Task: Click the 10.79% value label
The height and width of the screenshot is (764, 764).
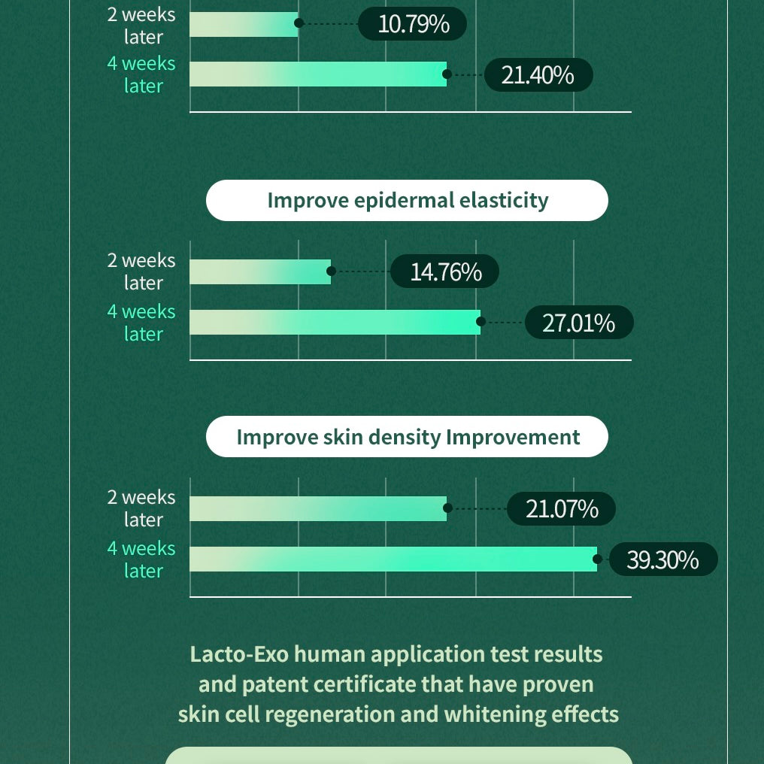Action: [x=413, y=24]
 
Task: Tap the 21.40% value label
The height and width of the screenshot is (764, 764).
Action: [x=538, y=75]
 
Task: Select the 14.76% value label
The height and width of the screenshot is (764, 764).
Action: [x=445, y=271]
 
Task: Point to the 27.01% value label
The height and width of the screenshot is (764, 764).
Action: [x=579, y=323]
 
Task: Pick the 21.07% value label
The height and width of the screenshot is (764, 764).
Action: [x=562, y=509]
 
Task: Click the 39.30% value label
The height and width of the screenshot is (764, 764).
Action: [x=662, y=560]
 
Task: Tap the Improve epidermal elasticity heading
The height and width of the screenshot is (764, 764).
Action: [x=407, y=201]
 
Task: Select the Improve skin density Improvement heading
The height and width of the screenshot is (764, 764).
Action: [x=407, y=437]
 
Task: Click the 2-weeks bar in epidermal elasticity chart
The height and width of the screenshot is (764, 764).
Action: [x=259, y=271]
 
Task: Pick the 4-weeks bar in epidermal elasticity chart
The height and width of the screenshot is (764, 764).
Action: [x=334, y=323]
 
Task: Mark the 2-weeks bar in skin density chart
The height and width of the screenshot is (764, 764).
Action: [x=317, y=509]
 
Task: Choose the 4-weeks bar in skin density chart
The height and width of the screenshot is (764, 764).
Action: [x=393, y=559]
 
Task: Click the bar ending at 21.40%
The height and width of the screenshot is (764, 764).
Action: [x=317, y=74]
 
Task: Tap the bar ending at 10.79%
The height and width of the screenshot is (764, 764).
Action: [x=244, y=23]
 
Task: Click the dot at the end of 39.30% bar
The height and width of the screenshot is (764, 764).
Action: [x=598, y=559]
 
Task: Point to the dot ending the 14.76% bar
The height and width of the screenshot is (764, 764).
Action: [x=331, y=271]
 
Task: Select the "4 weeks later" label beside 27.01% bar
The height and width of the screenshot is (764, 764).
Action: [x=141, y=323]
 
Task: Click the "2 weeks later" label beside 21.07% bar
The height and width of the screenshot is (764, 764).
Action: [x=141, y=508]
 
